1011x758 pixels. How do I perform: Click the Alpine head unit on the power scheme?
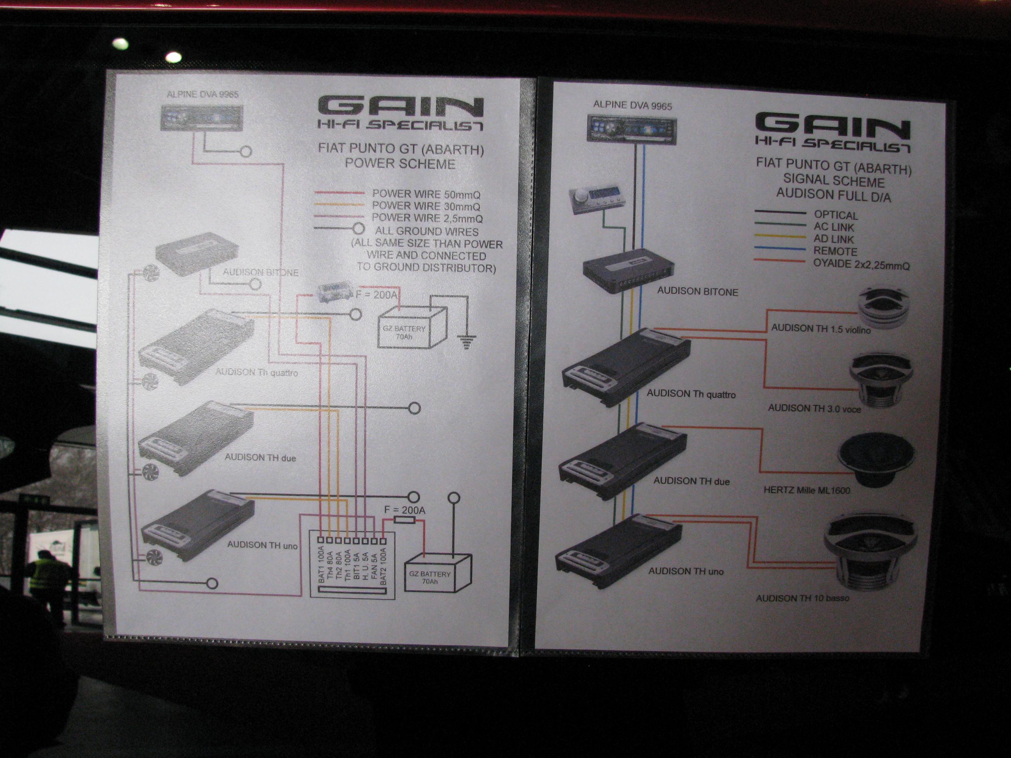click(x=201, y=118)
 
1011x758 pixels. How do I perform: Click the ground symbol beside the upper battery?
click(x=466, y=340)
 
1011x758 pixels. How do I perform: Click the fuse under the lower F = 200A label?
click(x=404, y=520)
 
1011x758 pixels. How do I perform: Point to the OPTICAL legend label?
click(x=835, y=215)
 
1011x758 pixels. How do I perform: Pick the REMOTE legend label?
click(x=835, y=251)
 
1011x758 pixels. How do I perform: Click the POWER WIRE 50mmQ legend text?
click(x=426, y=194)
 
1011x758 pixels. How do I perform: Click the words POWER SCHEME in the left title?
click(x=400, y=164)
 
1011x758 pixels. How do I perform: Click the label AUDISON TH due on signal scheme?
click(x=691, y=481)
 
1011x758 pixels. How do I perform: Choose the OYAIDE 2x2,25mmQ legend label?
click(x=861, y=265)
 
